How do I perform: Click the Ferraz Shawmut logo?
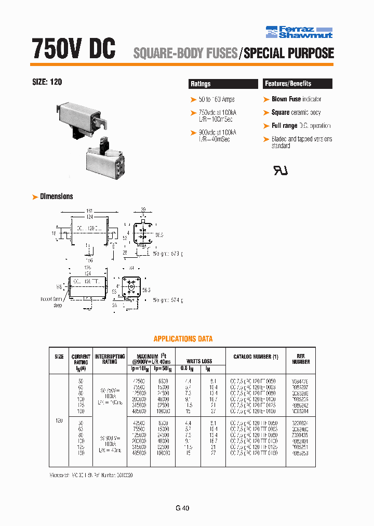[x=299, y=32]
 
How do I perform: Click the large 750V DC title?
[x=73, y=49]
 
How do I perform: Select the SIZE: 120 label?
[x=48, y=82]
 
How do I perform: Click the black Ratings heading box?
[x=223, y=84]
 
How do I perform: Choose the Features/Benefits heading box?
[x=297, y=84]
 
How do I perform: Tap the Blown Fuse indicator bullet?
[x=296, y=99]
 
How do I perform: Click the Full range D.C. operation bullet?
[x=301, y=126]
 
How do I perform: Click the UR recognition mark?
[x=280, y=170]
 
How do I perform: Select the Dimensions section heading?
[x=56, y=196]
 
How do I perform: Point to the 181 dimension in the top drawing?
[x=89, y=211]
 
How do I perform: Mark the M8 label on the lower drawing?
[x=59, y=286]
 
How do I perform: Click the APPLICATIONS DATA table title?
[x=183, y=339]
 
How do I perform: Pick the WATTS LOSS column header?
[x=200, y=361]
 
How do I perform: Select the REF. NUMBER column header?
[x=301, y=359]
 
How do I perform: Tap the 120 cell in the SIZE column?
[x=59, y=420]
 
